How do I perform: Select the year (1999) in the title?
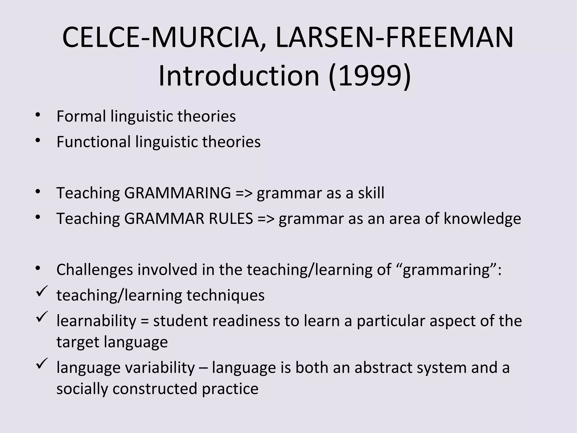pyautogui.click(x=369, y=76)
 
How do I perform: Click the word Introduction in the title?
pyautogui.click(x=239, y=76)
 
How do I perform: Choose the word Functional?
pyautogui.click(x=94, y=142)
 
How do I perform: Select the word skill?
pyautogui.click(x=371, y=193)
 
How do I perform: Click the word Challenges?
pyautogui.click(x=95, y=270)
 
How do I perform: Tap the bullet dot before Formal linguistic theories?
pyautogui.click(x=38, y=115)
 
